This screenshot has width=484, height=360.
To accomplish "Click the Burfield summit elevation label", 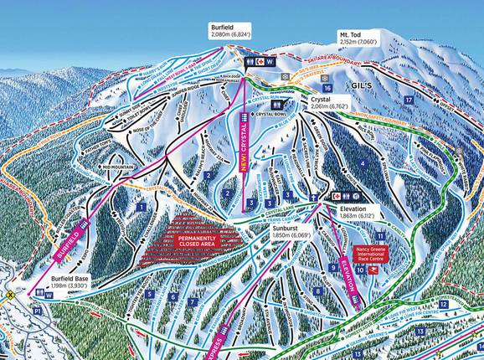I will (228, 33).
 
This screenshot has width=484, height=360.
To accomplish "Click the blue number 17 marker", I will (409, 100).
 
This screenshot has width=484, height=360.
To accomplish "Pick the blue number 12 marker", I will (443, 305).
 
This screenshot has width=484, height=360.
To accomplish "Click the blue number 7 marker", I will (193, 301).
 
